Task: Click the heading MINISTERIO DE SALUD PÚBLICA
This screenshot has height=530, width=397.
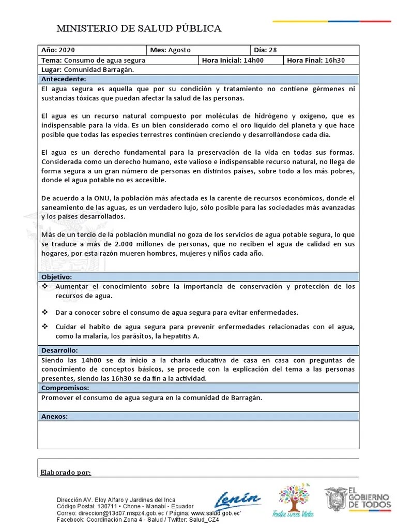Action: (139, 28)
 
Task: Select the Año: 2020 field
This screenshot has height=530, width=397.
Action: (58, 50)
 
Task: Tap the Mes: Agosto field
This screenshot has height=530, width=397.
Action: (171, 50)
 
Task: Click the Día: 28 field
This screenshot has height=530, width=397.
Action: (265, 50)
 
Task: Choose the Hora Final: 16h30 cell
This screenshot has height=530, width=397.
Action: (315, 60)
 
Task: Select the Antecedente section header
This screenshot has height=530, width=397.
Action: (64, 79)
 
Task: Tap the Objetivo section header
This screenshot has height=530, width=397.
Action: (57, 277)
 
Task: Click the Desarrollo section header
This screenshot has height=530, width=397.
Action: (59, 350)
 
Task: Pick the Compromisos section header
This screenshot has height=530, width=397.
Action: (65, 388)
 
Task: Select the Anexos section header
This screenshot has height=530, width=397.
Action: (54, 416)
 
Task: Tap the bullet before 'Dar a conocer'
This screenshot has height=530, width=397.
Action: (44, 312)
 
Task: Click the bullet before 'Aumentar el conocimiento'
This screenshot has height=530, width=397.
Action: (44, 286)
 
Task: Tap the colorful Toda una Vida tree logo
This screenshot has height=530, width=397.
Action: (293, 499)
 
